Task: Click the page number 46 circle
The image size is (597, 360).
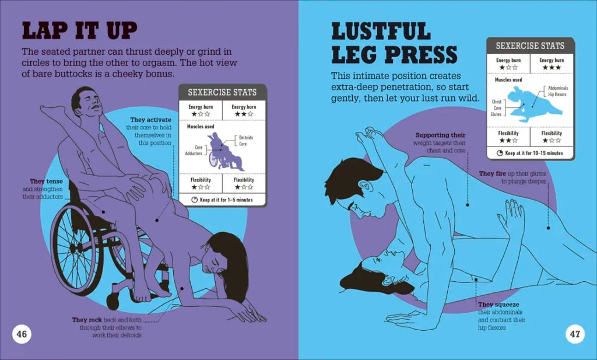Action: pyautogui.click(x=22, y=334)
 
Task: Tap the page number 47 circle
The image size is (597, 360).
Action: pyautogui.click(x=575, y=334)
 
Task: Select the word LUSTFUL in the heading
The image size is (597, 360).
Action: pyautogui.click(x=381, y=31)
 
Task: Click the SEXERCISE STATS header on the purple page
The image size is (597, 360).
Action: pyautogui.click(x=222, y=92)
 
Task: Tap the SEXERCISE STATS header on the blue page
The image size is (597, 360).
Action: pyautogui.click(x=530, y=46)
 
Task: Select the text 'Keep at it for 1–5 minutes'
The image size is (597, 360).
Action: pyautogui.click(x=226, y=200)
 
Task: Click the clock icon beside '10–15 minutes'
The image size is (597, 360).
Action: pyautogui.click(x=500, y=153)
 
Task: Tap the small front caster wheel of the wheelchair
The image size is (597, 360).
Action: pyautogui.click(x=113, y=301)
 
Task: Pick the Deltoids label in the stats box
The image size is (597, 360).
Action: pyautogui.click(x=246, y=138)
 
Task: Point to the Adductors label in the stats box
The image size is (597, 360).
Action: pyautogui.click(x=194, y=153)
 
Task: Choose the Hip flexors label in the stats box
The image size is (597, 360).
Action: pyautogui.click(x=557, y=95)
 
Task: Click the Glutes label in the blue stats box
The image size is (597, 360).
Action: pyautogui.click(x=496, y=114)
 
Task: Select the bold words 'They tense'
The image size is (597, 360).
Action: pyautogui.click(x=47, y=181)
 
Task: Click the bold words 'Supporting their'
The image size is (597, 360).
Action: pyautogui.click(x=441, y=135)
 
